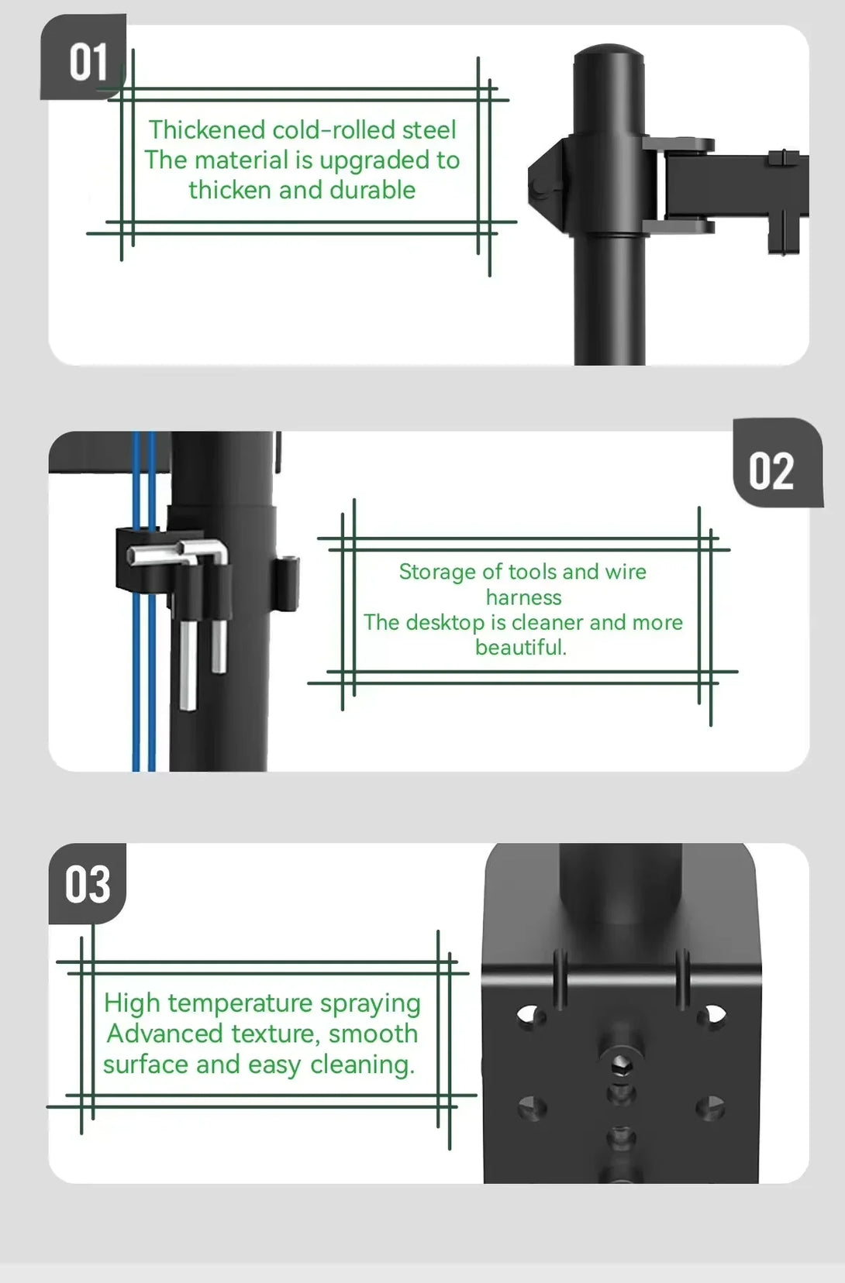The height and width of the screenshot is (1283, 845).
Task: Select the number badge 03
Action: pos(87,883)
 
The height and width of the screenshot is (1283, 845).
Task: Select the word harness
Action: pos(523,597)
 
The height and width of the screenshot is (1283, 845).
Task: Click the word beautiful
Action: pos(520,647)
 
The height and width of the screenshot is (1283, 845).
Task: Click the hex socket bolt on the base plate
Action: pos(620,1065)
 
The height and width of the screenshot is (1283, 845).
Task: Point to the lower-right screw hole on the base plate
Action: pos(711,1106)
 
